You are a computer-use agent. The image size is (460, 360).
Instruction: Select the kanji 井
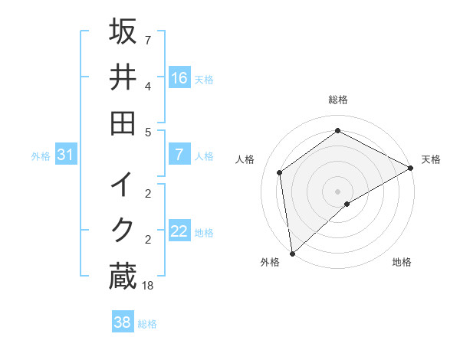coord(123,77)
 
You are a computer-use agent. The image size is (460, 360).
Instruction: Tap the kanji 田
coord(123,123)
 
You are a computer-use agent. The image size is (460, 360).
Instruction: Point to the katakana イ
coord(123,185)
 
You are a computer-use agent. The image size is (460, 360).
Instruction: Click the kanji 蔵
coord(123,277)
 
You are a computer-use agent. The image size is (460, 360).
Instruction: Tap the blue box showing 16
coord(179,77)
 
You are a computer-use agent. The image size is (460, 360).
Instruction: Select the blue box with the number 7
coord(179,155)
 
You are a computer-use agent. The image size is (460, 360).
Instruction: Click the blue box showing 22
coord(179,231)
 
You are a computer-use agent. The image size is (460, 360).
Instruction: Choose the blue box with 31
coord(66,155)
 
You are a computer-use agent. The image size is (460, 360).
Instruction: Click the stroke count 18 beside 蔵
coord(149,285)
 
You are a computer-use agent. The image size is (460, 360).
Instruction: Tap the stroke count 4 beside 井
coord(147,86)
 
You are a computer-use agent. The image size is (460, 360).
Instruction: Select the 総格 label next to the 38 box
coord(148,324)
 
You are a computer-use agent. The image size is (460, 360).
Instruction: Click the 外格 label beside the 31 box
coord(41,156)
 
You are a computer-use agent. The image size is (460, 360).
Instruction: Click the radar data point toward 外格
coord(292,253)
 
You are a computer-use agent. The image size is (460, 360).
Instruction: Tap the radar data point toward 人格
coord(280,172)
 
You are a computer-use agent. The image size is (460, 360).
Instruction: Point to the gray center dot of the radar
coord(337,191)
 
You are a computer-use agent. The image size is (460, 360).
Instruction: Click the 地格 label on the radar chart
coord(402,262)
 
